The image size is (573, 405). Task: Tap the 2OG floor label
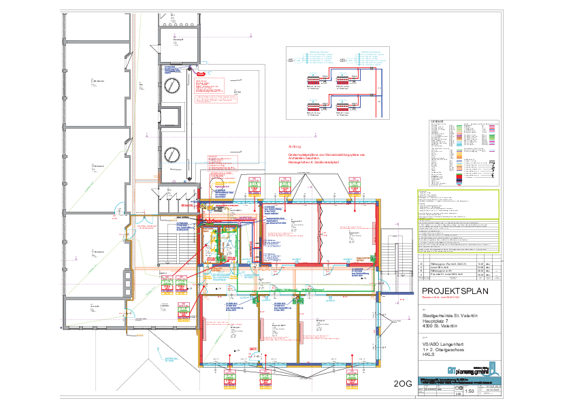point(403,384)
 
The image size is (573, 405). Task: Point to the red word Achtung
point(294,146)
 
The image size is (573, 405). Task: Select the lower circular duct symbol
point(171,154)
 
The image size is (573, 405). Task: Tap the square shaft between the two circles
point(171,119)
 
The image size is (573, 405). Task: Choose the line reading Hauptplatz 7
point(436,321)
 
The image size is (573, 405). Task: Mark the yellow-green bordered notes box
point(457,204)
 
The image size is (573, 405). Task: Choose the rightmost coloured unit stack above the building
point(354,186)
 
